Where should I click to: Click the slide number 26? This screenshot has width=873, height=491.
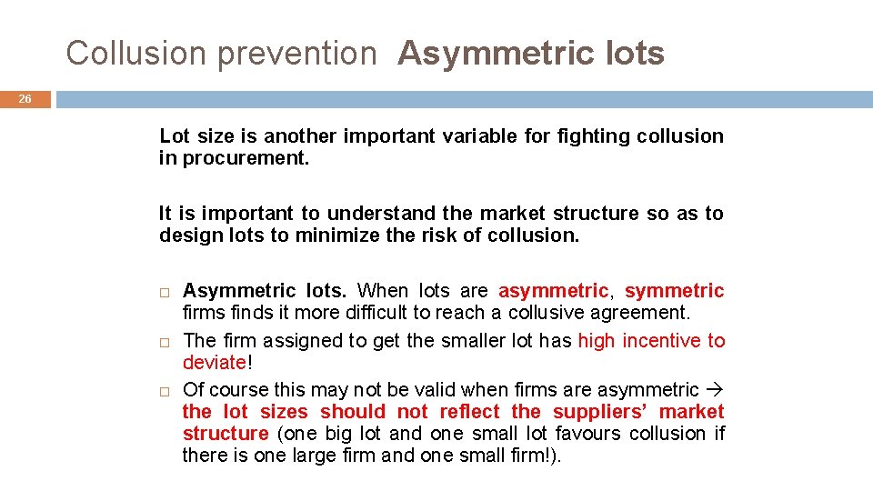pyautogui.click(x=26, y=98)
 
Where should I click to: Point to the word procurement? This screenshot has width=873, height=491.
pyautogui.click(x=246, y=158)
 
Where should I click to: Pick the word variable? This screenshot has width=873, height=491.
pyautogui.click(x=482, y=136)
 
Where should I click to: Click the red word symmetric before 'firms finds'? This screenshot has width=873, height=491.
pyautogui.click(x=674, y=291)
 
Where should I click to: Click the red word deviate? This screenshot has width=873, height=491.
pyautogui.click(x=214, y=363)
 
